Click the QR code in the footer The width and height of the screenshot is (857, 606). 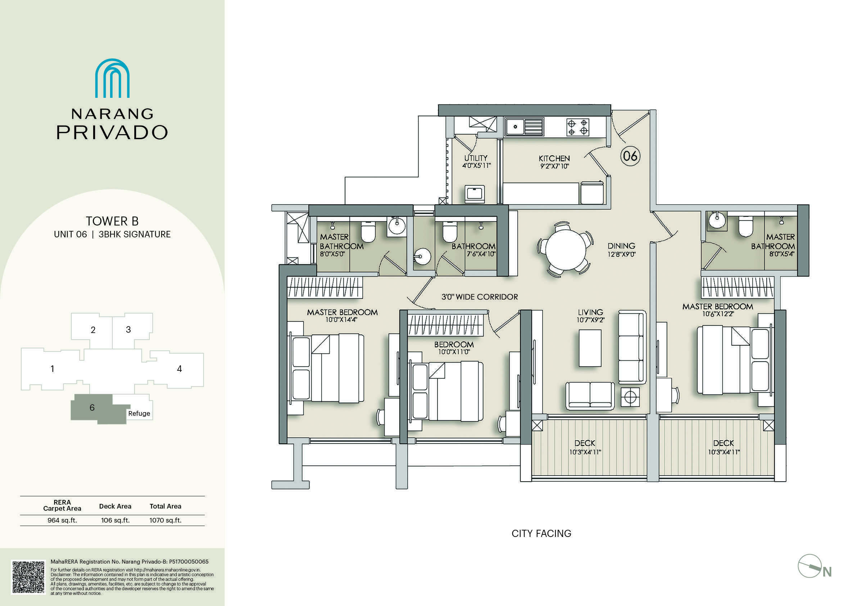(x=28, y=577)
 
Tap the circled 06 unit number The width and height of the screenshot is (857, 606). (x=630, y=156)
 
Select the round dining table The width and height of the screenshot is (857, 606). (x=566, y=249)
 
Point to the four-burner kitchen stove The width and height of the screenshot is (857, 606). (x=577, y=127)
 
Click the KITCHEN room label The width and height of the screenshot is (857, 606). (x=554, y=159)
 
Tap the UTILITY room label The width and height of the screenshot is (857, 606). (x=476, y=158)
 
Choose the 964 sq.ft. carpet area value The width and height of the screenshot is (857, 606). (x=62, y=520)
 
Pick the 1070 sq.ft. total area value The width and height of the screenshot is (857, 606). (x=165, y=520)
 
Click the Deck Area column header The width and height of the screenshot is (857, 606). (x=115, y=506)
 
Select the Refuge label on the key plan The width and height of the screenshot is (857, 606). (x=139, y=414)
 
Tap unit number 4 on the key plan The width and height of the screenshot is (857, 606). (x=180, y=369)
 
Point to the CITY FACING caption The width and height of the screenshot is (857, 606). (x=541, y=534)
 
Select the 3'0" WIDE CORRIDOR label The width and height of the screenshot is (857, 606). (x=480, y=297)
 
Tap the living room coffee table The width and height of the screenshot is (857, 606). (x=590, y=348)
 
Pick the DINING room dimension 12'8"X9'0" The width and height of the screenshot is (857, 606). (x=621, y=255)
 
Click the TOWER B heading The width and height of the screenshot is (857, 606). (x=112, y=221)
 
